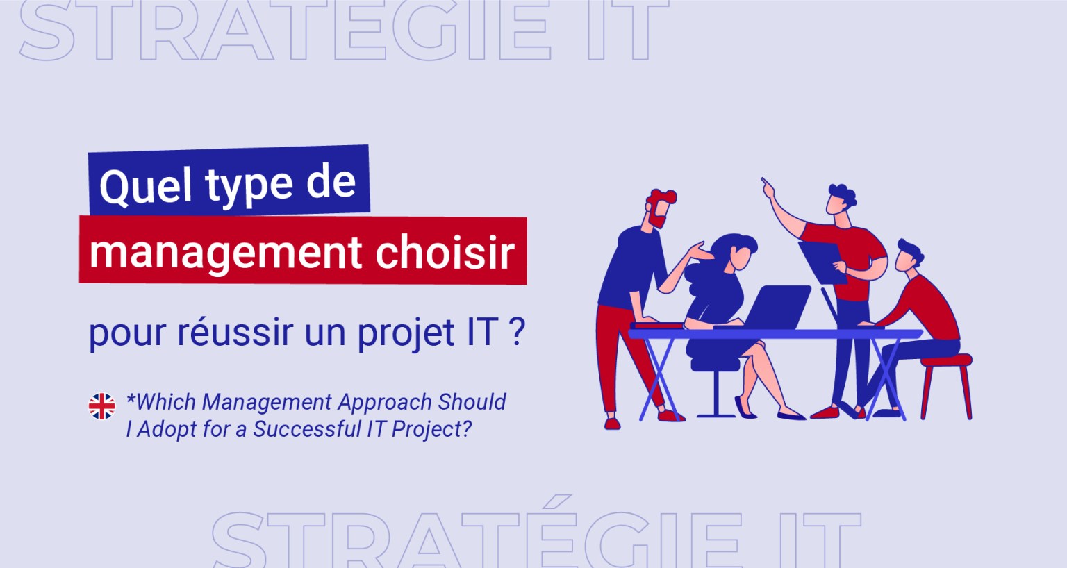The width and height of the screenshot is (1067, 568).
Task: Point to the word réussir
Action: coord(234,331)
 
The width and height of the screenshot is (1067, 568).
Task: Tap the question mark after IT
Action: coord(516,331)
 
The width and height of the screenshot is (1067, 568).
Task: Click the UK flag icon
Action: coord(102,406)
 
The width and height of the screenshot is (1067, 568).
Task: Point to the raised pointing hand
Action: coord(767,185)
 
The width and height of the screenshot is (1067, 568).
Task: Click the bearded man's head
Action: coord(659,208)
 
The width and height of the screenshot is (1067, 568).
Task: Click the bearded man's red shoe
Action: coord(612,422)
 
